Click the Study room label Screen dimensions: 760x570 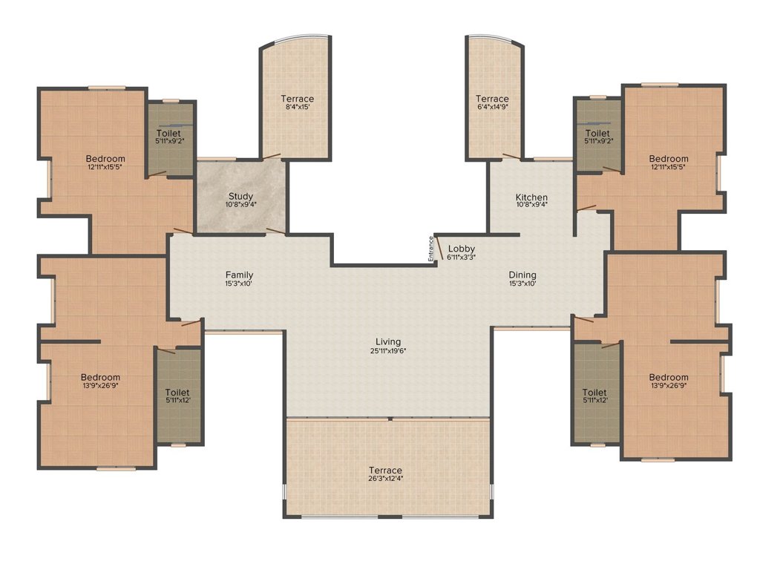tap(241, 196)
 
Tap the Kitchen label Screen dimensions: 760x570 tap(531, 197)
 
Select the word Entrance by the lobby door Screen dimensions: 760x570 tap(430, 249)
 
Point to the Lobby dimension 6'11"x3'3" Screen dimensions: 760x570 tap(462, 258)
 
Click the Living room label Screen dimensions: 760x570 tap(388, 341)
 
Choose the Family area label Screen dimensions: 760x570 tap(240, 275)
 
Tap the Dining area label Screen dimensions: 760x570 tap(522, 275)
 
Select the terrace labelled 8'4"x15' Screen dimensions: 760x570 tap(297, 102)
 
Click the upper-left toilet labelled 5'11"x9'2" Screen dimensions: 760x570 tap(170, 137)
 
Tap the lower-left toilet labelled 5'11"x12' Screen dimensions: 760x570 tap(177, 396)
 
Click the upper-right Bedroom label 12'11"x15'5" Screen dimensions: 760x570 tap(669, 162)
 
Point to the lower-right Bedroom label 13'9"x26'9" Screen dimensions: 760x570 tap(669, 381)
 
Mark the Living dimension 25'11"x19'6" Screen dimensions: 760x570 tap(388, 350)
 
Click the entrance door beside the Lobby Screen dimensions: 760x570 tap(439, 248)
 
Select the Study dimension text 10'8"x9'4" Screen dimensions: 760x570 tap(241, 205)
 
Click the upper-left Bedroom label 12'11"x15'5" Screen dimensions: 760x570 tap(105, 162)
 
